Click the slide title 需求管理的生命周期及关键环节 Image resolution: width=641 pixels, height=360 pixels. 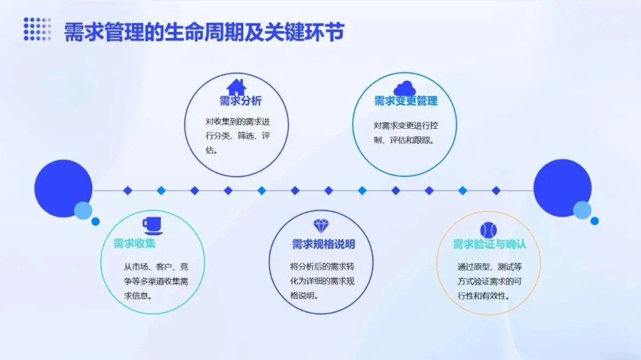pos(204,32)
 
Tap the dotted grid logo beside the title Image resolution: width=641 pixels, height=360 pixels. pos(37,29)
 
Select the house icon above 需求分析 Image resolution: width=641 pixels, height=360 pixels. pos(236,87)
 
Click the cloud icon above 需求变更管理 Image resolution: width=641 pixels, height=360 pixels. pos(405,87)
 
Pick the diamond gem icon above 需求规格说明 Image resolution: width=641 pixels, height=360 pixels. pos(320,225)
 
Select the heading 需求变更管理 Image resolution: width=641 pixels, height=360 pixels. pos(405,101)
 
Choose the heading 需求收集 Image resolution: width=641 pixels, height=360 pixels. pos(135,244)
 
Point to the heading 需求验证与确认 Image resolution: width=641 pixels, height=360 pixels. pos(490,244)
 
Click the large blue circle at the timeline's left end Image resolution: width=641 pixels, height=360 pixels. pos(62,187)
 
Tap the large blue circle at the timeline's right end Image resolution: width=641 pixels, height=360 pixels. pos(561,187)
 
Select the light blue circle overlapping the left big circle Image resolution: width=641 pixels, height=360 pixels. pos(82,211)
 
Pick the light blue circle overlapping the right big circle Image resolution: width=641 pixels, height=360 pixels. pos(582,210)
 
